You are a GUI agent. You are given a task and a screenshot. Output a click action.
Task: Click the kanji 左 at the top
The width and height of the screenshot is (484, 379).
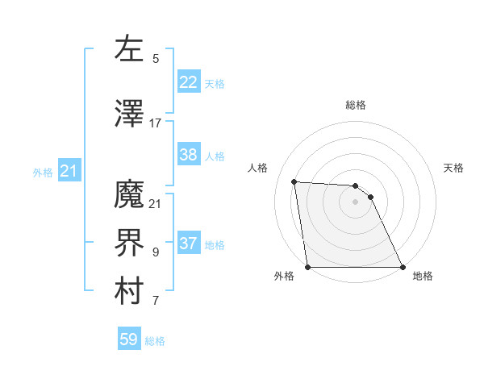point(129,49)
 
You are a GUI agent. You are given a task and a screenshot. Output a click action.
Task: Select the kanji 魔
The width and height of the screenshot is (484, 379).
point(129,195)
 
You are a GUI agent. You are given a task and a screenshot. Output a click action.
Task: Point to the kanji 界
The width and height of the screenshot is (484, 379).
point(129,244)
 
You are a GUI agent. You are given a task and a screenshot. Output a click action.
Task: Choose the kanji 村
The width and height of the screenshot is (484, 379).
point(129,292)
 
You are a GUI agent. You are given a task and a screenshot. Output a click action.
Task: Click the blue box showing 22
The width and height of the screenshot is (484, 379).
point(188,82)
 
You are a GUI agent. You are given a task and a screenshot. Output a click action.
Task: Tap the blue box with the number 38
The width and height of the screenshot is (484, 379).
point(188,155)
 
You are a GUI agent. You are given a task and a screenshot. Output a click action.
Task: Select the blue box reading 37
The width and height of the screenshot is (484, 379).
point(188,244)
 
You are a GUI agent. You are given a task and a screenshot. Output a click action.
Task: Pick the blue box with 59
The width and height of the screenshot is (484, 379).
point(129,339)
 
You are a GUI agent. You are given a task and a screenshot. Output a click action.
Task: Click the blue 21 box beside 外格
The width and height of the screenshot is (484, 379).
point(69,171)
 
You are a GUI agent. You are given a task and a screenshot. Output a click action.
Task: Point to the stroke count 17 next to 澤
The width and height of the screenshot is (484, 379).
point(156,123)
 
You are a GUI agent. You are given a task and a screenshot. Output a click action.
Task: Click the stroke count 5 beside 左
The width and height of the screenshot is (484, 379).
point(156,59)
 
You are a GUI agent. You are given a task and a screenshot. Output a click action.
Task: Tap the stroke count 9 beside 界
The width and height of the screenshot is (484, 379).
point(156,252)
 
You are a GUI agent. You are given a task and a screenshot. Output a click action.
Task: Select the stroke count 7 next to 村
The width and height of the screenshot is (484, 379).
point(156,301)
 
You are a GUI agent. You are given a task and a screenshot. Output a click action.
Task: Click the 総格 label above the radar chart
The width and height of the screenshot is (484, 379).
point(356,105)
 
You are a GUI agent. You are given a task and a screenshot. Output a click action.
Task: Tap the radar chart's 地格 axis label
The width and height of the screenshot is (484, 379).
point(423,276)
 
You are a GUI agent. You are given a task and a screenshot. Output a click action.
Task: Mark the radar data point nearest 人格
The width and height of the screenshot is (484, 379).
point(294,181)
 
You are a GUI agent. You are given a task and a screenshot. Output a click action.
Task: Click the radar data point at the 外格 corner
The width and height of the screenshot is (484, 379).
point(307,267)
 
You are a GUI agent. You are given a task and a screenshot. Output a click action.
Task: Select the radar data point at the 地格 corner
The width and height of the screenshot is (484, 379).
point(403,267)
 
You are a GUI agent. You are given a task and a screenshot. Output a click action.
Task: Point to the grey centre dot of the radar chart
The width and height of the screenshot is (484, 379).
point(355,202)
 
